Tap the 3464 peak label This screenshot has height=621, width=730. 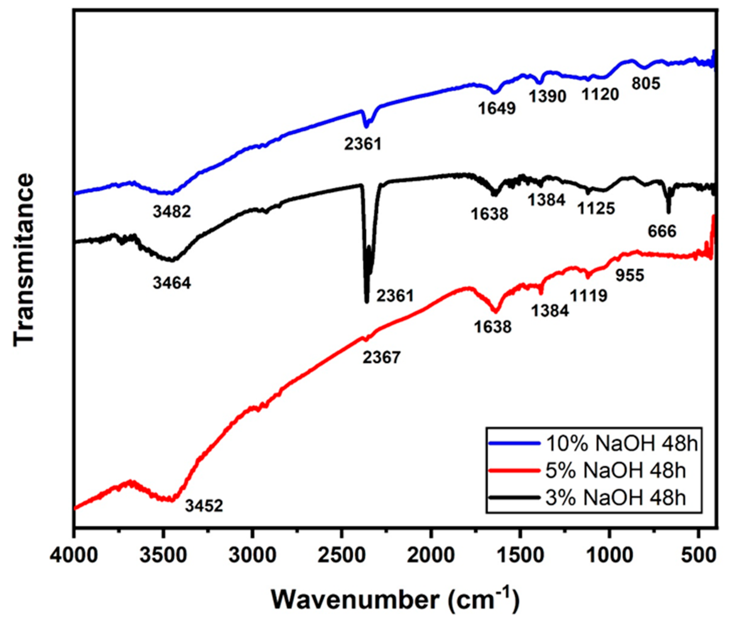172,283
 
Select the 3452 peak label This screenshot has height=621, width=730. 204,506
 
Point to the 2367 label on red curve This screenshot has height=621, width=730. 382,358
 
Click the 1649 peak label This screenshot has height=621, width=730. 497,108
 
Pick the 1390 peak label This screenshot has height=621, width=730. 548,96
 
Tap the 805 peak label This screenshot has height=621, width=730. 646,84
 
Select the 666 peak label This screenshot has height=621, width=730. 662,232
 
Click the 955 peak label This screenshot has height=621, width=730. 630,276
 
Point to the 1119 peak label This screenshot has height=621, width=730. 589,296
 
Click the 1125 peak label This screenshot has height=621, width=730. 596,208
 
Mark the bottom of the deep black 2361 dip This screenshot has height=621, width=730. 367,301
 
